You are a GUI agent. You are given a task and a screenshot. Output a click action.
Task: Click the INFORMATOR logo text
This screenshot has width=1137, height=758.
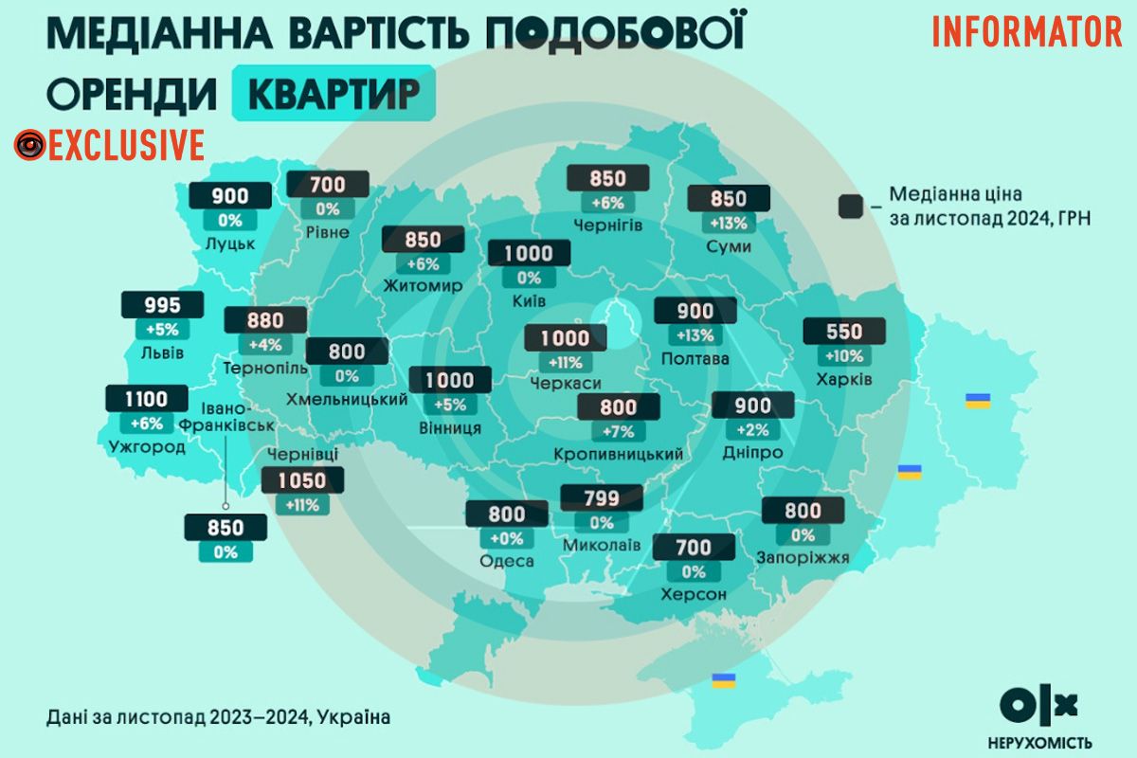point(1027,32)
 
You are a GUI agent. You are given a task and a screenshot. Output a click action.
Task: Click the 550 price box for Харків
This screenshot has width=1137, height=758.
point(844,332)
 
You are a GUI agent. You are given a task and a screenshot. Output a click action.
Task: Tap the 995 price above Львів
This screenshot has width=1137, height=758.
point(163,305)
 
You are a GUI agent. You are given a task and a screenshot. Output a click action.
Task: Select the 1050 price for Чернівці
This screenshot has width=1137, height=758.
point(302,480)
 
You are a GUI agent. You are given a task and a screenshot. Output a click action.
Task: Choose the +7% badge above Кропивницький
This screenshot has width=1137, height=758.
point(618,431)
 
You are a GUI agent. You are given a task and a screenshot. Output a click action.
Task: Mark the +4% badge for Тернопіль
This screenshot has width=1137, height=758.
point(266,345)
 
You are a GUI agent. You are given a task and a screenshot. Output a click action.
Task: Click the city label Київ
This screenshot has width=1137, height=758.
point(527,300)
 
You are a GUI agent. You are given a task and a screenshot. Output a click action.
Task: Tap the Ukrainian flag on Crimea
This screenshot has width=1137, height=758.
point(724,680)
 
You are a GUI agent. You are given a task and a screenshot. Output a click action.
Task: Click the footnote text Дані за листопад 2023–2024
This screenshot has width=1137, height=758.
point(217,716)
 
